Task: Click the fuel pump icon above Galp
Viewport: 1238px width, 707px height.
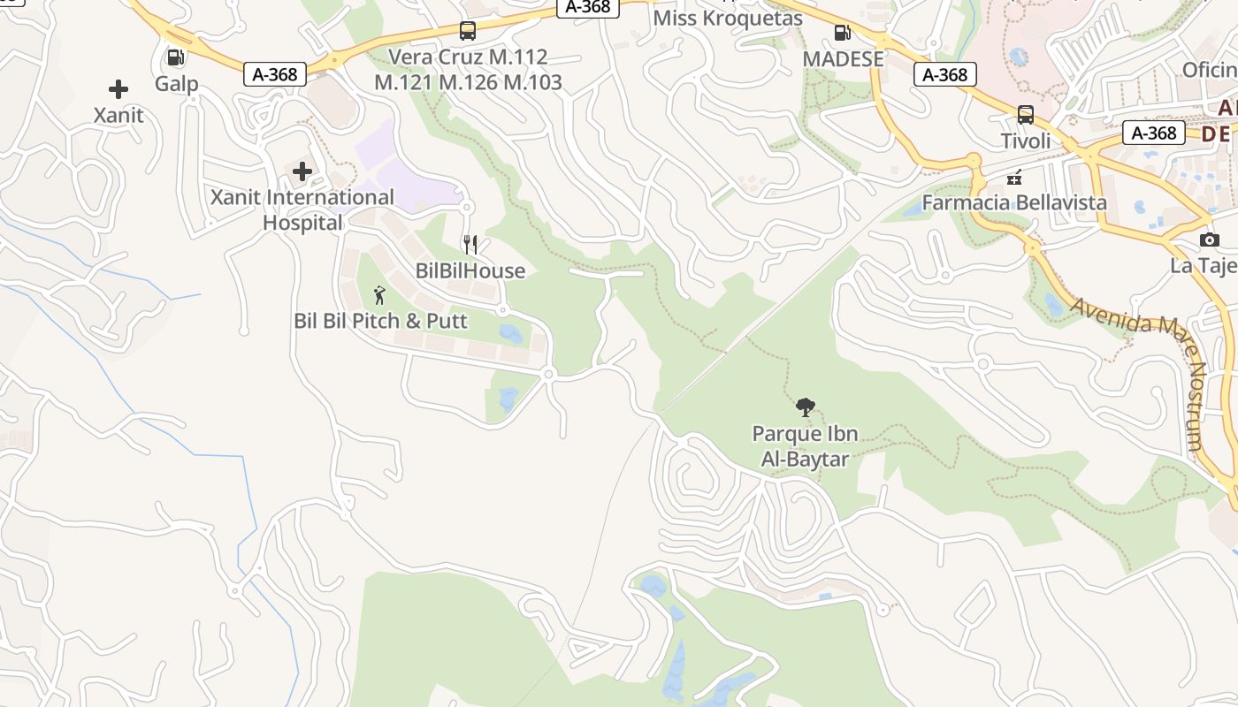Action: pyautogui.click(x=176, y=58)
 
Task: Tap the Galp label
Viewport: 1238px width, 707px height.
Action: pyautogui.click(x=176, y=84)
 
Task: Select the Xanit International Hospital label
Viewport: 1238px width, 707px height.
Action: pyautogui.click(x=302, y=209)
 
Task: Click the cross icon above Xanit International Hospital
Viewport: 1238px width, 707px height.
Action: pyautogui.click(x=302, y=171)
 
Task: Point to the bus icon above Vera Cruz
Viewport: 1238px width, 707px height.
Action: pyautogui.click(x=468, y=32)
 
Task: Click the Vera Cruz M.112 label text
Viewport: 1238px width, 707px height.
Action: pyautogui.click(x=469, y=57)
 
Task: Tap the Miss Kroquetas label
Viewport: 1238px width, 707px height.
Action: pyautogui.click(x=728, y=19)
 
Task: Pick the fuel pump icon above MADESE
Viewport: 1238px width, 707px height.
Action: pyautogui.click(x=843, y=34)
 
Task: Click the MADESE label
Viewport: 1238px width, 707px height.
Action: pyautogui.click(x=843, y=59)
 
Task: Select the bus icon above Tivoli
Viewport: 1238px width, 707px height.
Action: pyautogui.click(x=1026, y=115)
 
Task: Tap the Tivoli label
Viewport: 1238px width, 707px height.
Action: pyautogui.click(x=1026, y=141)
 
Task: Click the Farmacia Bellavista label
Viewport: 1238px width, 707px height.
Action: pyautogui.click(x=1014, y=202)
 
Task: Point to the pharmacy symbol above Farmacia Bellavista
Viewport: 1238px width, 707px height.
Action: pyautogui.click(x=1014, y=177)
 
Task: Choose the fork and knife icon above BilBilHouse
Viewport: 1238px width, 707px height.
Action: pyautogui.click(x=470, y=245)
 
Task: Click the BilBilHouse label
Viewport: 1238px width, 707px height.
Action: pyautogui.click(x=470, y=270)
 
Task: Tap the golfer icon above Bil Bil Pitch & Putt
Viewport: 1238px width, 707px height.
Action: pyautogui.click(x=380, y=295)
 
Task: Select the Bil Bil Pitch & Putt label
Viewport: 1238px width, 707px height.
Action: pyautogui.click(x=380, y=320)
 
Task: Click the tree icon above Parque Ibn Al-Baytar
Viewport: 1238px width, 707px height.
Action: pyautogui.click(x=805, y=407)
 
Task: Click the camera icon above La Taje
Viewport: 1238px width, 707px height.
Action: pyautogui.click(x=1210, y=239)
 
